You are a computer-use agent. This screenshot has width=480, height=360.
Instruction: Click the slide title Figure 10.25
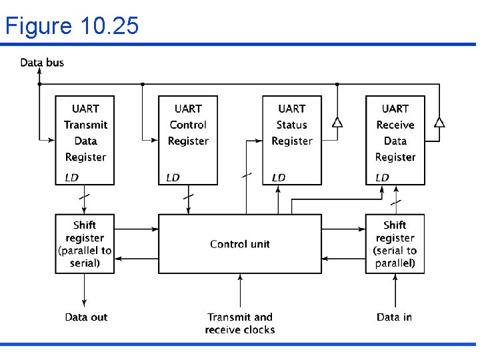click(x=72, y=26)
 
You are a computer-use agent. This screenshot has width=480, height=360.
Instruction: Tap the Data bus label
click(x=42, y=63)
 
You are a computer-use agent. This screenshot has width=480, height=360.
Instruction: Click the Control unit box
click(x=239, y=244)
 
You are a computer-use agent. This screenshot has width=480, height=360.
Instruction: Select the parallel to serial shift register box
click(x=85, y=244)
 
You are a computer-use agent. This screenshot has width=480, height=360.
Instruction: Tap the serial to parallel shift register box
click(x=395, y=244)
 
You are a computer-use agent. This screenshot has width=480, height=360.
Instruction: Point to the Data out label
click(x=86, y=317)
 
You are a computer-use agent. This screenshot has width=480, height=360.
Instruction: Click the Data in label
click(x=394, y=317)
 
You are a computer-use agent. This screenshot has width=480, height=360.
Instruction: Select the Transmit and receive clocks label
click(x=239, y=323)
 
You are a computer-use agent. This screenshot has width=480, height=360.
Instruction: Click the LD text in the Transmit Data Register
click(x=71, y=177)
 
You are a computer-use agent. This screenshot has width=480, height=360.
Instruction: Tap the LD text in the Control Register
click(x=173, y=177)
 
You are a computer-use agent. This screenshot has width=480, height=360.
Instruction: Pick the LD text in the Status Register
click(x=279, y=177)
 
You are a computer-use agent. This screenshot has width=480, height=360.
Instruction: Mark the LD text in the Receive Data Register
click(x=382, y=177)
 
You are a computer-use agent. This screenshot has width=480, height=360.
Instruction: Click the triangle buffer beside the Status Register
click(x=337, y=123)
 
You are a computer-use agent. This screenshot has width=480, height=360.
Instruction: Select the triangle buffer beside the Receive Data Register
click(x=439, y=122)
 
